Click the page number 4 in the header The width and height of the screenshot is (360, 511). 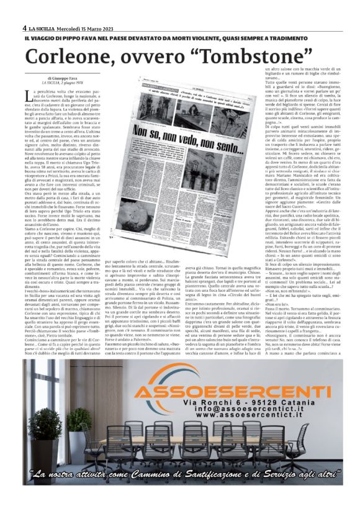[24, 28]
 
